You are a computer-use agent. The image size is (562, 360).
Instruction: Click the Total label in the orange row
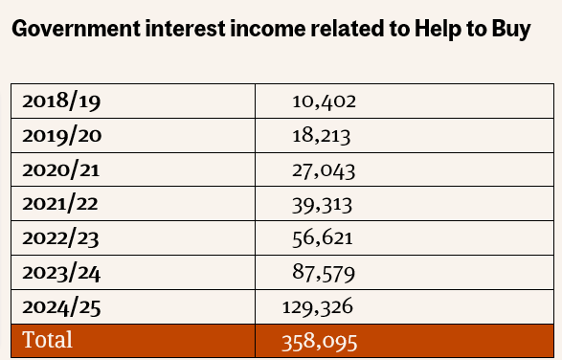point(47,340)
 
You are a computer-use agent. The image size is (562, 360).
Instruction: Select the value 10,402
point(324,101)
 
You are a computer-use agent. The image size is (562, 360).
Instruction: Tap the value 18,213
point(323,135)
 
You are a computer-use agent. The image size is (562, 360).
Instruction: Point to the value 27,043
point(324,169)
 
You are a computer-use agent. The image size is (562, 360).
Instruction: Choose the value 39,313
point(324,204)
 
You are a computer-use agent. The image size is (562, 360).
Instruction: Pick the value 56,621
point(324,238)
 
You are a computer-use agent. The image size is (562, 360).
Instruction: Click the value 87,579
point(324,273)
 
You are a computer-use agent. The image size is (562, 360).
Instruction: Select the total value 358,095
point(319,341)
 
